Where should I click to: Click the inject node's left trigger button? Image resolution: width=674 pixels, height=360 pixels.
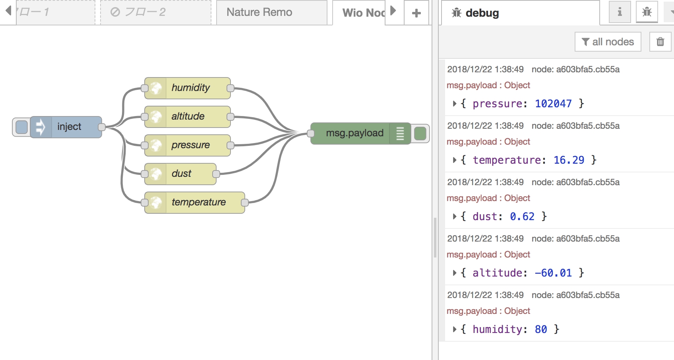pyautogui.click(x=21, y=127)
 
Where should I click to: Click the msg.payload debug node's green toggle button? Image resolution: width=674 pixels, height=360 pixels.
pyautogui.click(x=420, y=134)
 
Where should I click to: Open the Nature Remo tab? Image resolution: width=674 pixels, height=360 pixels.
pyautogui.click(x=260, y=12)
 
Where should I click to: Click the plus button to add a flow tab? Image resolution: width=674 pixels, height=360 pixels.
pyautogui.click(x=416, y=13)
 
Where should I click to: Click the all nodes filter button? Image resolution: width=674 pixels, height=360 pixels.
pyautogui.click(x=608, y=42)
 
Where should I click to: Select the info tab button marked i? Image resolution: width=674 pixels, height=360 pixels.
pyautogui.click(x=620, y=12)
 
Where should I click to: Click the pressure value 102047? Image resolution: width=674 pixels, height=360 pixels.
pyautogui.click(x=553, y=104)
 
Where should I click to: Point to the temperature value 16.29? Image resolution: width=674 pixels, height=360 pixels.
pyautogui.click(x=569, y=160)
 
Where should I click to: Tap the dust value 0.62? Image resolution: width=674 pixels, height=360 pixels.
pyautogui.click(x=522, y=217)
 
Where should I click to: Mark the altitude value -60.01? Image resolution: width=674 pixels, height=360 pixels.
pyautogui.click(x=553, y=273)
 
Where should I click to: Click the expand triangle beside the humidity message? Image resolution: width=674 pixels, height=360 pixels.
pyautogui.click(x=455, y=329)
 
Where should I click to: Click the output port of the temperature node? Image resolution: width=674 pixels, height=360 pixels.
pyautogui.click(x=245, y=203)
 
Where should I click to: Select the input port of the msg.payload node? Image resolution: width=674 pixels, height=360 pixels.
pyautogui.click(x=311, y=134)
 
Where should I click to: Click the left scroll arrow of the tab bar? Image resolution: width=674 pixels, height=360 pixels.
pyautogui.click(x=8, y=10)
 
